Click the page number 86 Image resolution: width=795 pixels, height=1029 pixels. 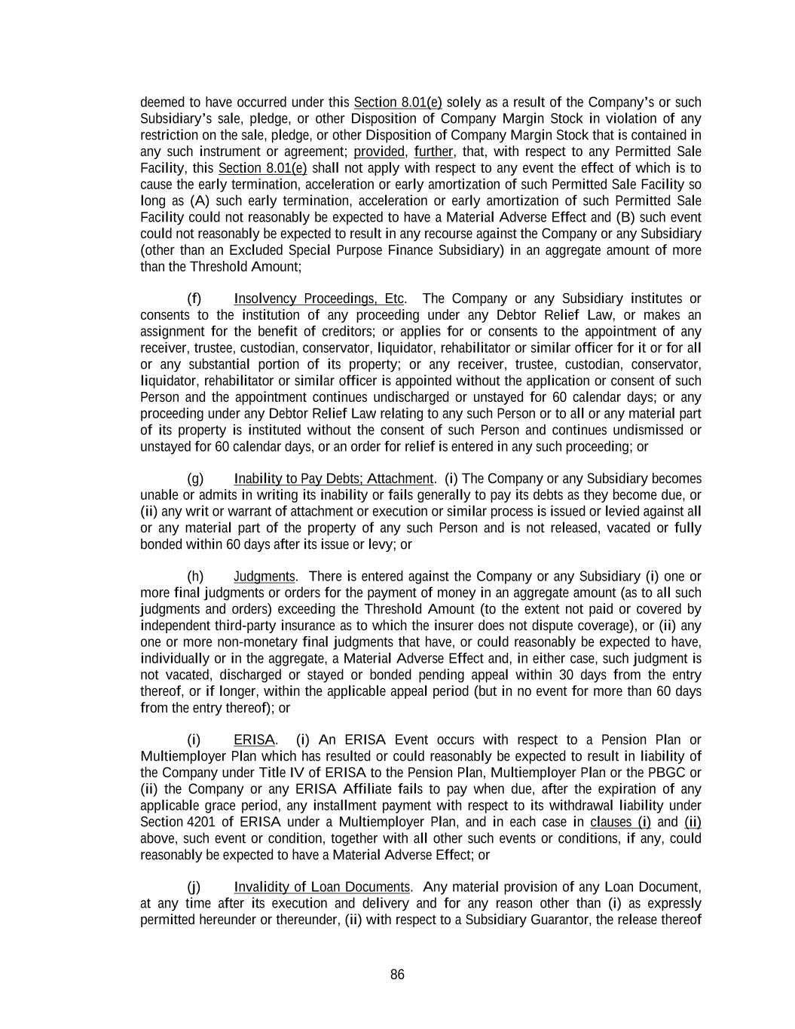(397, 975)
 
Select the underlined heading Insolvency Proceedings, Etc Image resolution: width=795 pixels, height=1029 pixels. (320, 299)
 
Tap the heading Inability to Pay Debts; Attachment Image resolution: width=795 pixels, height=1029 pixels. (334, 479)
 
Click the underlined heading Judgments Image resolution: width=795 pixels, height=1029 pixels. (264, 577)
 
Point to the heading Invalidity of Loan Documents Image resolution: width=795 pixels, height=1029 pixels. (322, 887)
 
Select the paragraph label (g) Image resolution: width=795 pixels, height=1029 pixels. (195, 479)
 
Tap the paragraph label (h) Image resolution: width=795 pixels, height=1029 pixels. (195, 577)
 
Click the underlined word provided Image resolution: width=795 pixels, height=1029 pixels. (379, 152)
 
